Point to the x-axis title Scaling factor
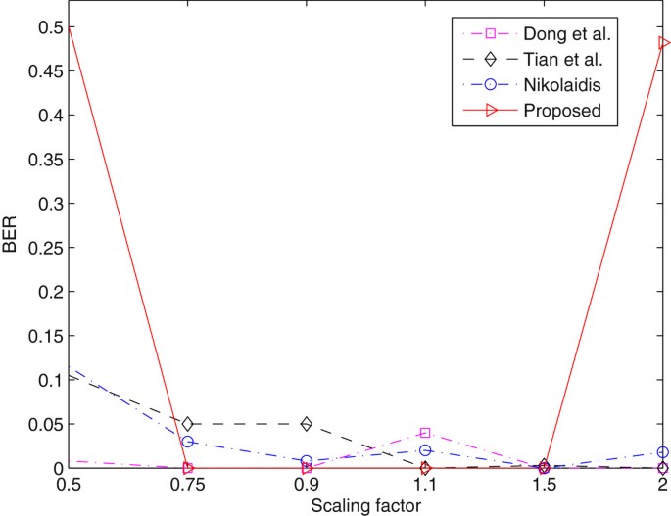(365, 506)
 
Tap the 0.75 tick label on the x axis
(187, 486)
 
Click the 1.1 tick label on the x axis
(425, 486)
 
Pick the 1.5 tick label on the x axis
(545, 486)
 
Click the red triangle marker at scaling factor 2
(664, 43)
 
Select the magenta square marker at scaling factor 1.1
(425, 433)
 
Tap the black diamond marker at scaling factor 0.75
(187, 424)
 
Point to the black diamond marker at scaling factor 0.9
(307, 424)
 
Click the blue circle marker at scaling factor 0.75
(187, 442)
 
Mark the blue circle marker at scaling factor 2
(663, 452)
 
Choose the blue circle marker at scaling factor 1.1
(425, 450)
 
